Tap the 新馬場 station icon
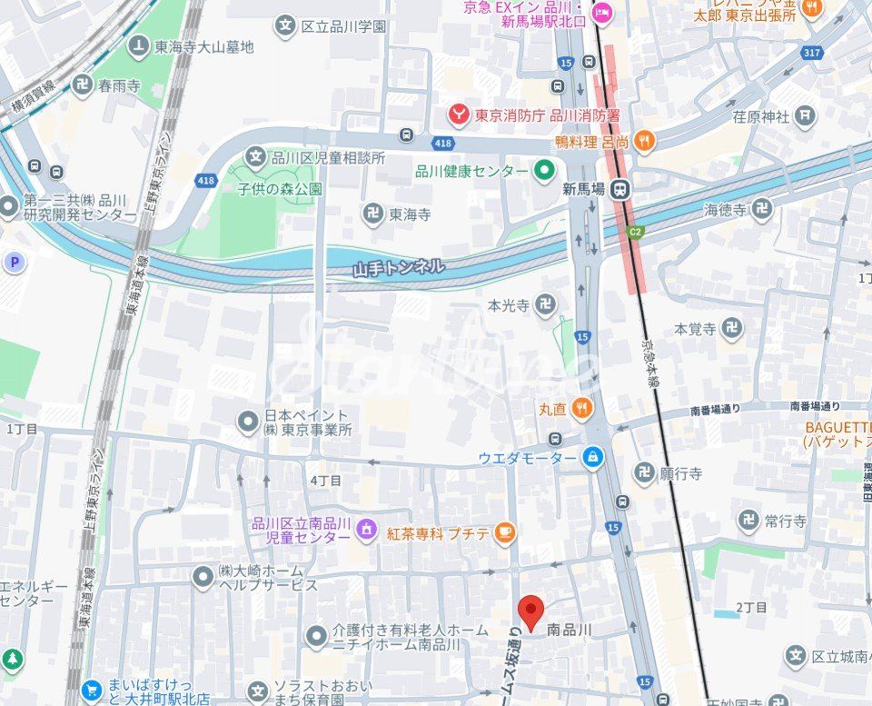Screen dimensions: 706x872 (621, 190)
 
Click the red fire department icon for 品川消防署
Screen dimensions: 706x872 (461, 115)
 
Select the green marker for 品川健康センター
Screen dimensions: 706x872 (544, 171)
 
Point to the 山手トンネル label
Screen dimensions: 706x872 (399, 267)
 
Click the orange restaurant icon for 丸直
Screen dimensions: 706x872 (582, 409)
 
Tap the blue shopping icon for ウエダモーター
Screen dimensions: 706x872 (593, 457)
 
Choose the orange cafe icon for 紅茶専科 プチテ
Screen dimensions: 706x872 (505, 532)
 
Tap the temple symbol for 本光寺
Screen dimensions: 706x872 (547, 305)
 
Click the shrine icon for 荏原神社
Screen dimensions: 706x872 (805, 115)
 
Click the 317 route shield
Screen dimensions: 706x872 (812, 53)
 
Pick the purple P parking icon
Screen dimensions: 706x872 (14, 264)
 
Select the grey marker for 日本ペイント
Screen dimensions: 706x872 (247, 422)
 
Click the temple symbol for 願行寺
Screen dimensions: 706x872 (644, 472)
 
